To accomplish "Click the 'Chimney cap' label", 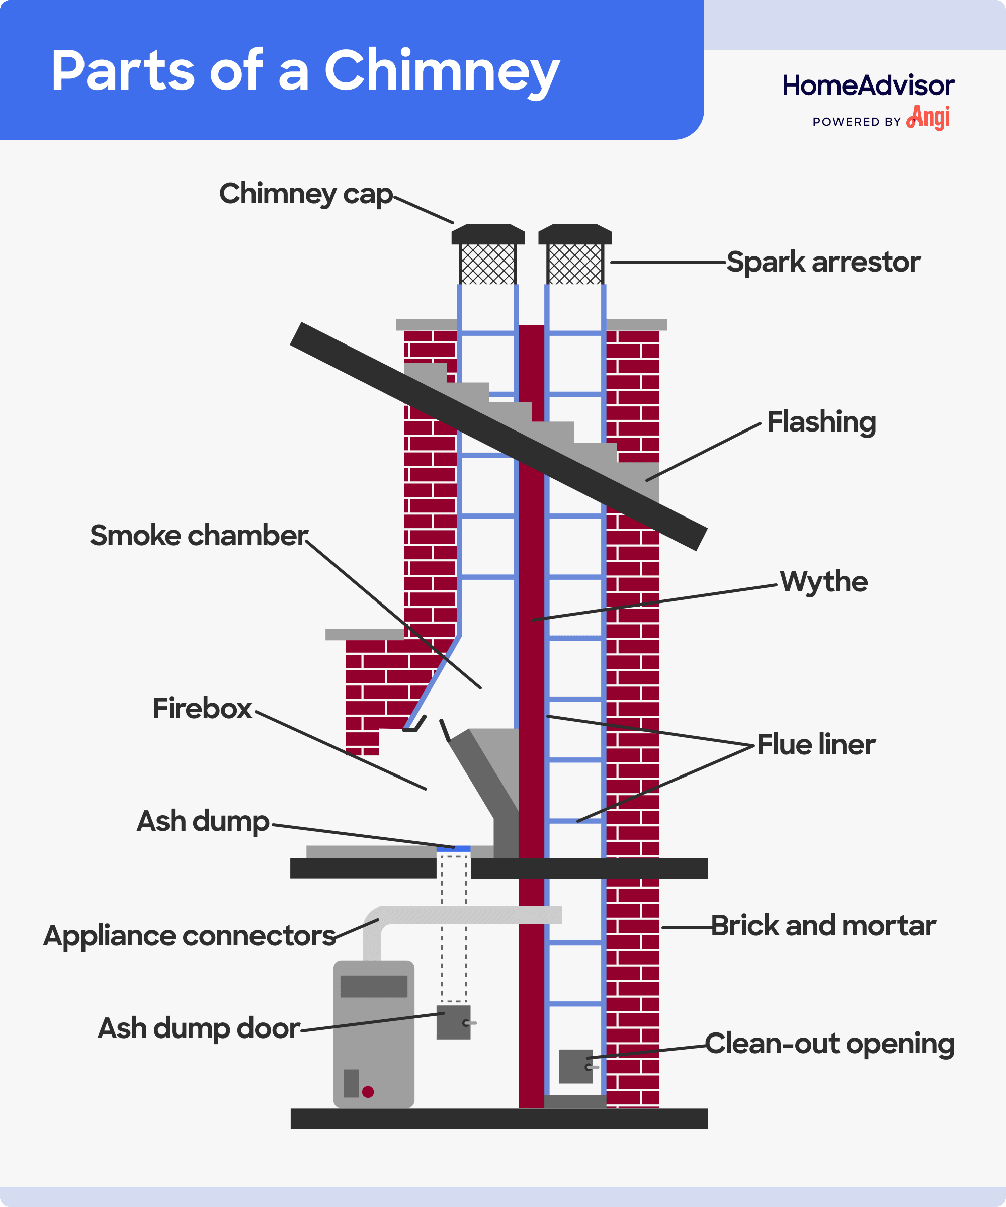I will click(305, 194).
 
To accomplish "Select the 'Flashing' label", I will click(821, 421).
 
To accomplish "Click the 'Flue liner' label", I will click(815, 744).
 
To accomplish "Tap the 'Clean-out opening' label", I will click(829, 1043).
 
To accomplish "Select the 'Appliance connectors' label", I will click(189, 936).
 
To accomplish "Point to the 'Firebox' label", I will click(202, 708).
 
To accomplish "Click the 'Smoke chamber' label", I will click(198, 536).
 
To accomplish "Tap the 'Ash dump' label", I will click(202, 821).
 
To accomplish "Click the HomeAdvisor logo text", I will click(868, 85).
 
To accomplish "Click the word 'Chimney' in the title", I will click(442, 71).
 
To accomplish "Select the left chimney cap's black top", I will click(487, 233).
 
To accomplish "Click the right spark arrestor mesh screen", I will click(575, 264).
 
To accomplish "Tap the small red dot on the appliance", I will click(368, 1092).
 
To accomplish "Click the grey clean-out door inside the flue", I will click(575, 1066).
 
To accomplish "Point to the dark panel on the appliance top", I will click(374, 986).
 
